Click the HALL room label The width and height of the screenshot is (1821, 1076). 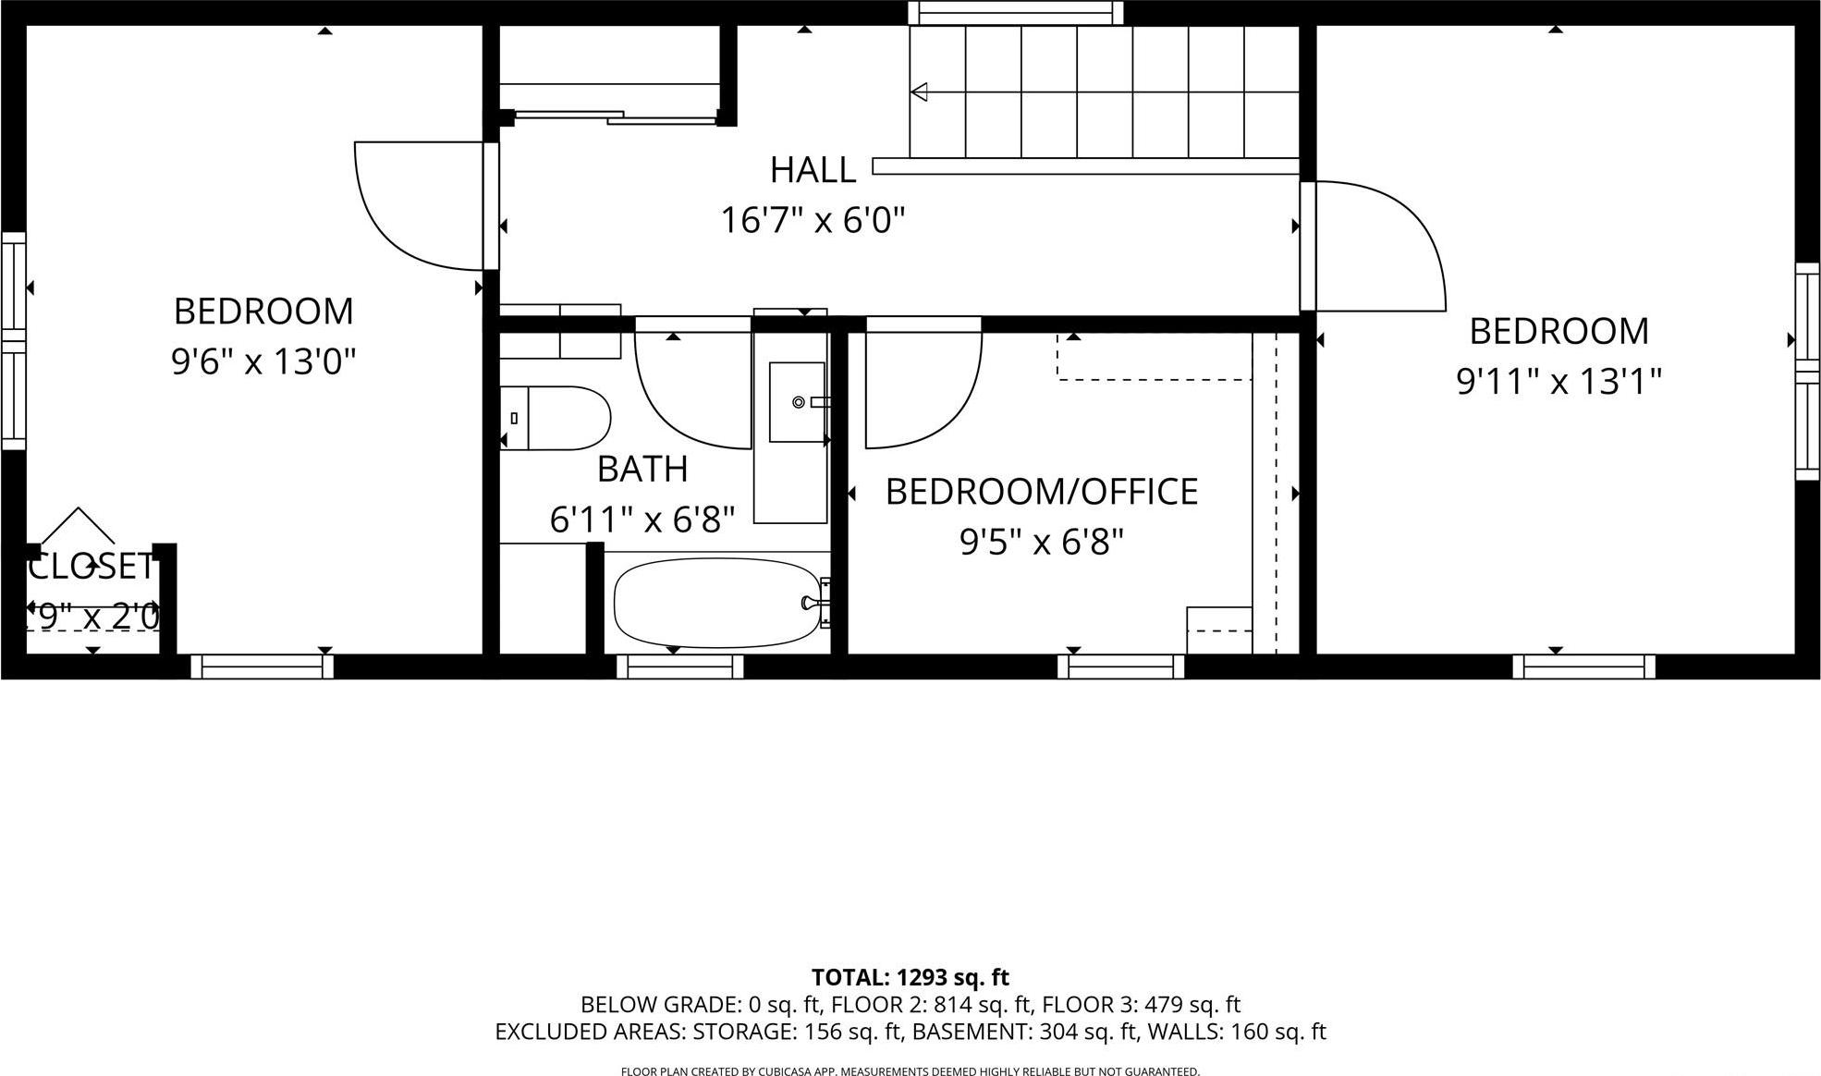(x=813, y=170)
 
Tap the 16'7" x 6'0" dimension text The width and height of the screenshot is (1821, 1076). (x=813, y=220)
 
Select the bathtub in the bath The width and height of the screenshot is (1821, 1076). (x=718, y=603)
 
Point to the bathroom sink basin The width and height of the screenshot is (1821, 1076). (x=797, y=402)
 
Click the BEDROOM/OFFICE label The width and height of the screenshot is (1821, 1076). (x=1042, y=492)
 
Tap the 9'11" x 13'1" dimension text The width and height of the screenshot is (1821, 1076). (x=1558, y=381)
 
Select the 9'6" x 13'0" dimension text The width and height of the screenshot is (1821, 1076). (x=263, y=361)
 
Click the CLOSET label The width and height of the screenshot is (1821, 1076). (x=91, y=567)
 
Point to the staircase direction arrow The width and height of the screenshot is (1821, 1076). (x=920, y=92)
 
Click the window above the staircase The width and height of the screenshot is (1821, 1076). (x=1015, y=13)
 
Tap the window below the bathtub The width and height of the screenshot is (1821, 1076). (x=679, y=666)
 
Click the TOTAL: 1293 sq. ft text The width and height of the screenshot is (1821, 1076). (x=910, y=977)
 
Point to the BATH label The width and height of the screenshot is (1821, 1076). (x=642, y=470)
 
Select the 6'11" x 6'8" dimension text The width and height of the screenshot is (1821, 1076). (x=642, y=520)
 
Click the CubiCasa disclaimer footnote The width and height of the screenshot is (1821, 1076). (x=910, y=1071)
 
